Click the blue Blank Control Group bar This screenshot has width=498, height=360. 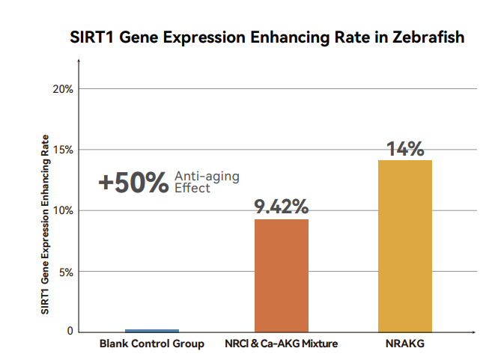coord(152,330)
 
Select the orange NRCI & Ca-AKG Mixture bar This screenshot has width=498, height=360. coord(282,275)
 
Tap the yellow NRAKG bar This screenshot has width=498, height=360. coord(405,245)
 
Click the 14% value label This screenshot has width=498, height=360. coord(405,148)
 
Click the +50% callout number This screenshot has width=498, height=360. coord(133,183)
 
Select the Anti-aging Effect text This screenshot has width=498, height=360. coord(207,182)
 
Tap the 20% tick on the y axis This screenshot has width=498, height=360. coord(63,89)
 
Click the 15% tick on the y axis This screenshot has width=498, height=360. coord(63,150)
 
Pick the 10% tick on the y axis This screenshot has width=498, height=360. coord(63,210)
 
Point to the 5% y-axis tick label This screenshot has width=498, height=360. coord(65,272)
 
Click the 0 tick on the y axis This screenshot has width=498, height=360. coord(70,331)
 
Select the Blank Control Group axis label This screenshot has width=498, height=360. coord(152,344)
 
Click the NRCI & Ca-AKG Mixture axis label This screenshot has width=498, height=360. coord(282,344)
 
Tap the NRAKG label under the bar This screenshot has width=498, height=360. coord(405,344)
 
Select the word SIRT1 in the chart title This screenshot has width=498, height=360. coord(91,37)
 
